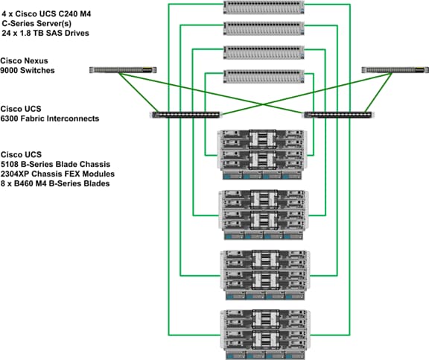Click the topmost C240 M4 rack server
(264, 7)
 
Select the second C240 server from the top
(264, 28)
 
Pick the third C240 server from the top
(264, 52)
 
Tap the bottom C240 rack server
(264, 76)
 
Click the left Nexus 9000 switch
(123, 70)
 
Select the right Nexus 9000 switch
(395, 70)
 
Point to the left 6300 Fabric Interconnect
(185, 115)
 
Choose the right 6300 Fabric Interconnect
(337, 115)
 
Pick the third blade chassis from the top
(265, 275)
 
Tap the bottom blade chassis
(265, 335)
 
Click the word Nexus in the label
(36, 60)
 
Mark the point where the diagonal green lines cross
(263, 104)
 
